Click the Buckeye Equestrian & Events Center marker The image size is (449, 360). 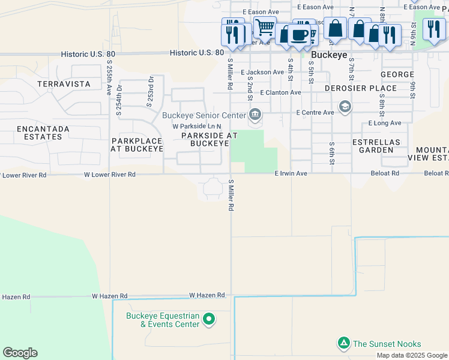coord(209,319)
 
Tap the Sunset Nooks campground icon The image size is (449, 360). coord(343,343)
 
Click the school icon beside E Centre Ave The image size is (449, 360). coord(345,107)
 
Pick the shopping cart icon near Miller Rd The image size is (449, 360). coord(264,27)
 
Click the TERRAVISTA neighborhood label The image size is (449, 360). coord(64,84)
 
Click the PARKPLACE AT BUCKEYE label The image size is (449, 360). coord(137,144)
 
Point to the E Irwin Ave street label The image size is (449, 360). coord(291,173)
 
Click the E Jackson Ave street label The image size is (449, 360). coord(262,72)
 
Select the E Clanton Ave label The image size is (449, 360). coord(280,92)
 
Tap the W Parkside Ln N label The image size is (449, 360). coord(197,127)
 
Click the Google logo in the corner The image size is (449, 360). coord(20,352)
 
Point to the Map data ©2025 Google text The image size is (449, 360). coord(411,355)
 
